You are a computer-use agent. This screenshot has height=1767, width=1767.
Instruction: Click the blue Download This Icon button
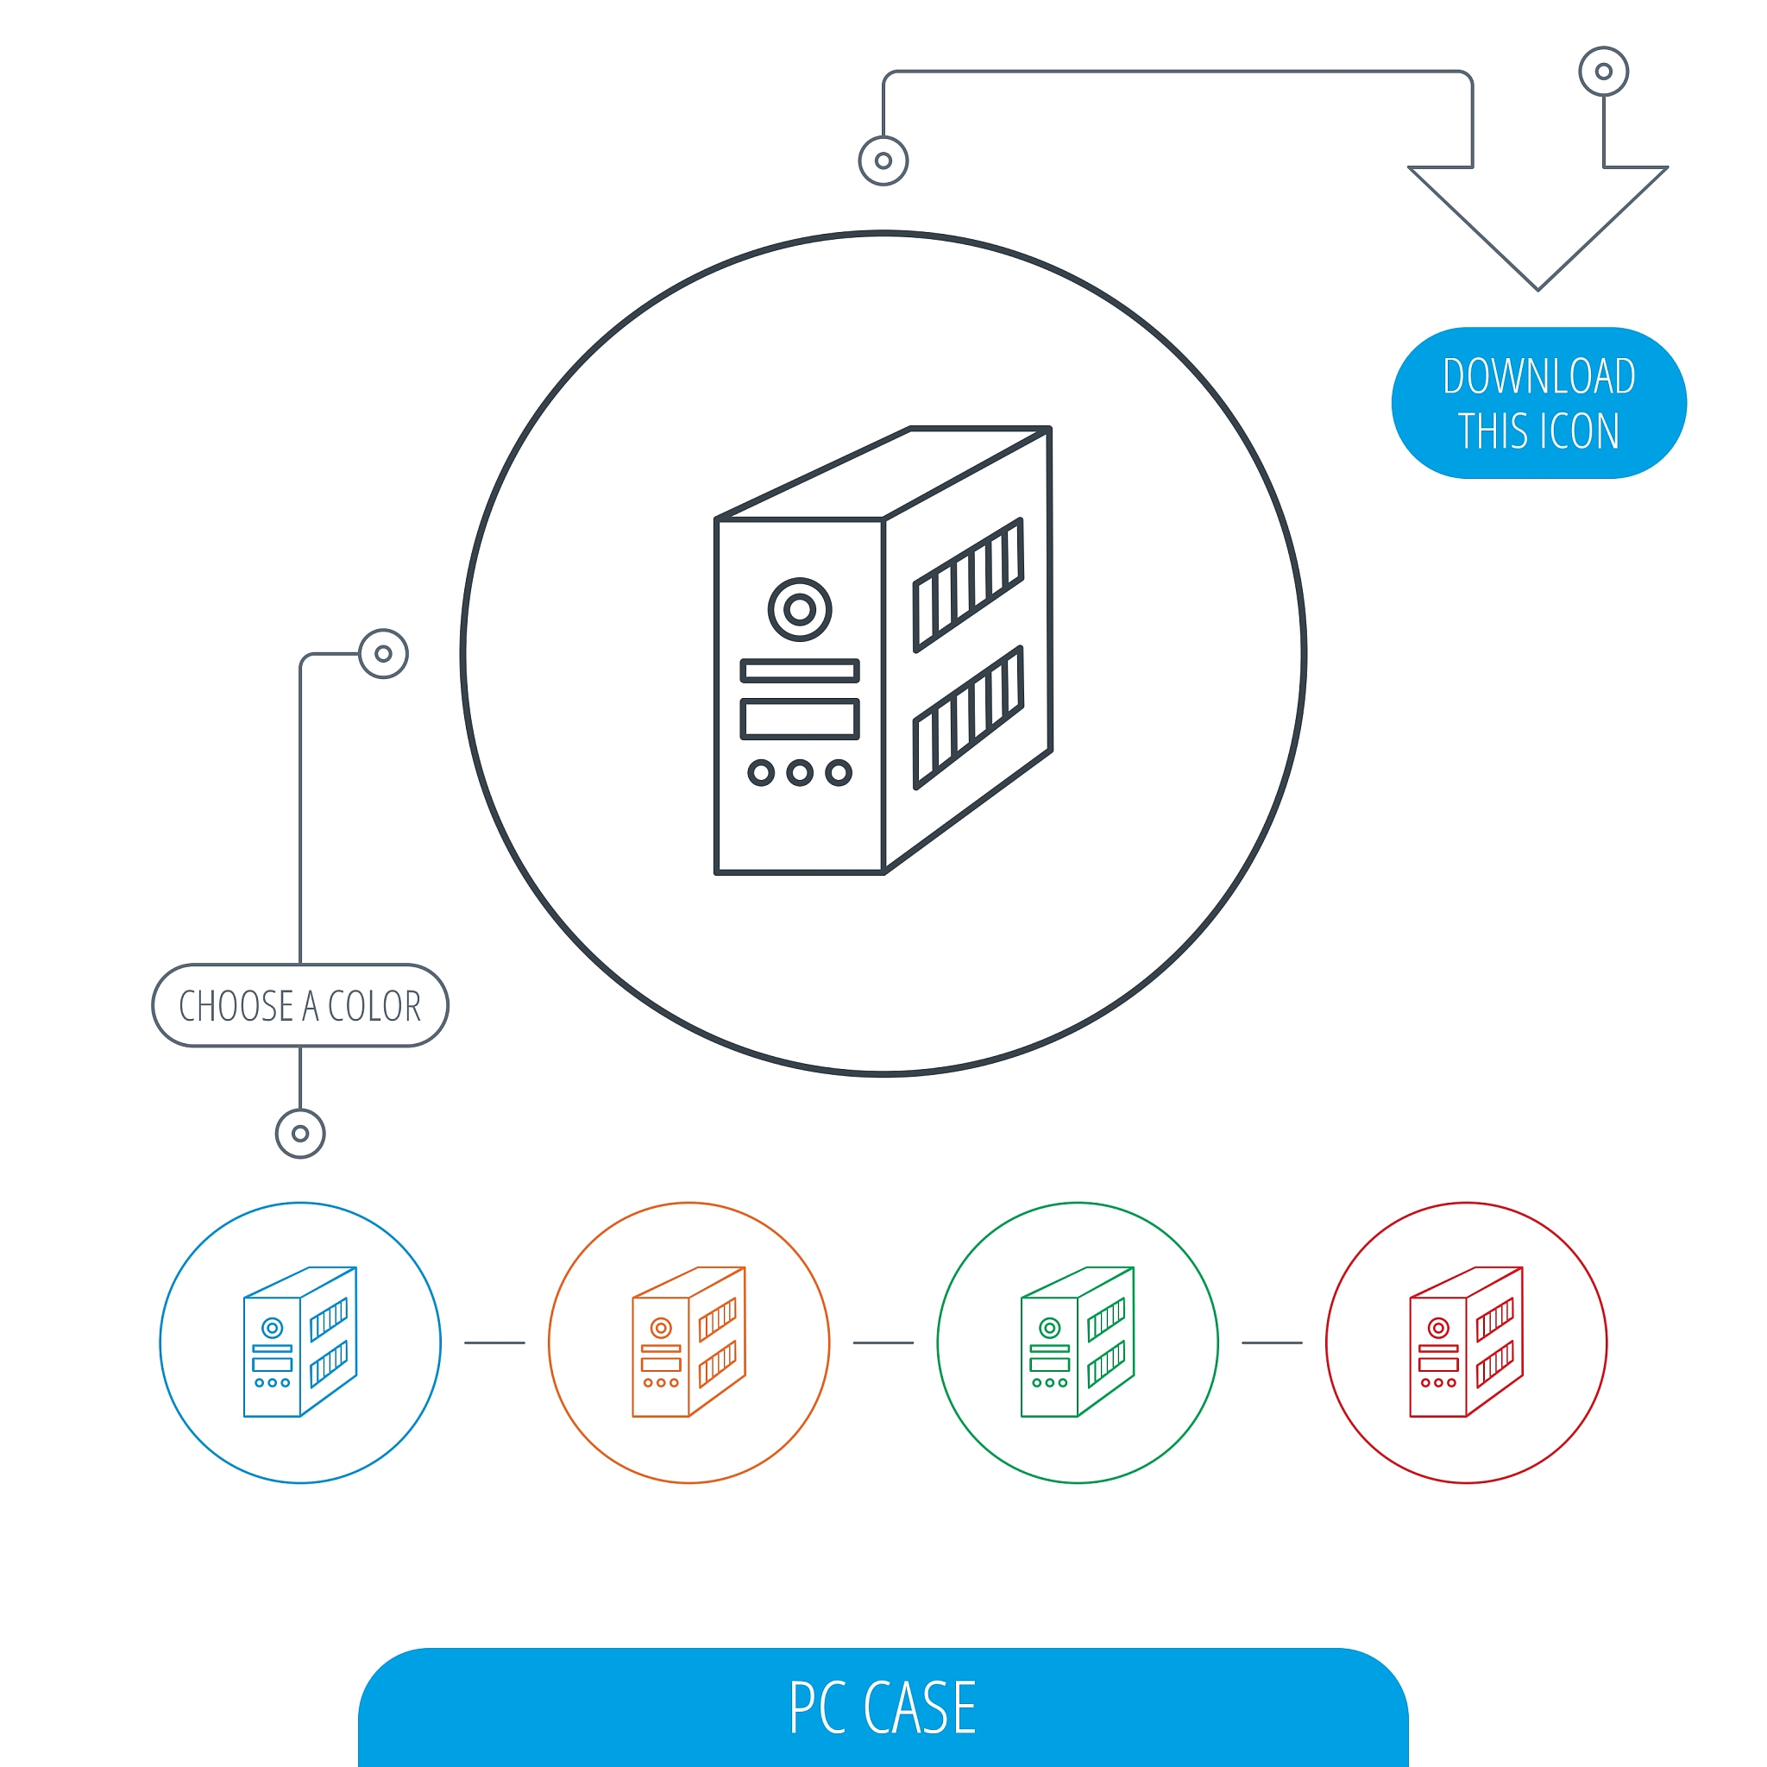coord(1538,402)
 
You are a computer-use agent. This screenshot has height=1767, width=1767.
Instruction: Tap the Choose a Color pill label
coord(300,1005)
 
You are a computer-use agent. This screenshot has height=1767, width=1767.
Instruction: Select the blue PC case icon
coord(300,1342)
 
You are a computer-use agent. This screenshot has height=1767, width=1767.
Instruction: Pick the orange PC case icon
coord(689,1342)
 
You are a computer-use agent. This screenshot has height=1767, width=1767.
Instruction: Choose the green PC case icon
coord(1078,1342)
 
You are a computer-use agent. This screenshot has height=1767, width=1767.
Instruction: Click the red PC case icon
coord(1466,1342)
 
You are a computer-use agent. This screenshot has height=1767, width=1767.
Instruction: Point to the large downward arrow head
coord(1538,228)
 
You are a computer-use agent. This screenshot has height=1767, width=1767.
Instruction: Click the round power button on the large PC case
coord(799,609)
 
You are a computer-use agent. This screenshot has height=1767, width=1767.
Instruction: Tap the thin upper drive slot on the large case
coord(799,671)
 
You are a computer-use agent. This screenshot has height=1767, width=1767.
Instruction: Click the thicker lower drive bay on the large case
coord(799,719)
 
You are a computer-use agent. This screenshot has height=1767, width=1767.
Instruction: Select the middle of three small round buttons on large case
coord(799,773)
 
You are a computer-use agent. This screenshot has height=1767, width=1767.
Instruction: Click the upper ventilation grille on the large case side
coord(968,585)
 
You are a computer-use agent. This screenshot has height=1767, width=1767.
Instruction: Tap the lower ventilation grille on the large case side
coord(968,717)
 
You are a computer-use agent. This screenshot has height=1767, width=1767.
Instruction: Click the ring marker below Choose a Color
coord(300,1134)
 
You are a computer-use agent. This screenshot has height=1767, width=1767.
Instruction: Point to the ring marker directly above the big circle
coord(883,161)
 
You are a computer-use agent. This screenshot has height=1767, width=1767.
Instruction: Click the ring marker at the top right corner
coord(1603,72)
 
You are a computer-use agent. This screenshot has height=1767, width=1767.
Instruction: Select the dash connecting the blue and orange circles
coord(494,1343)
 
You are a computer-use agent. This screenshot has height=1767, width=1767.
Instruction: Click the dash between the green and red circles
coord(1273,1343)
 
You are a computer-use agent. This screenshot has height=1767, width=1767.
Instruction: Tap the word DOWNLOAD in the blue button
coord(1539,376)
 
